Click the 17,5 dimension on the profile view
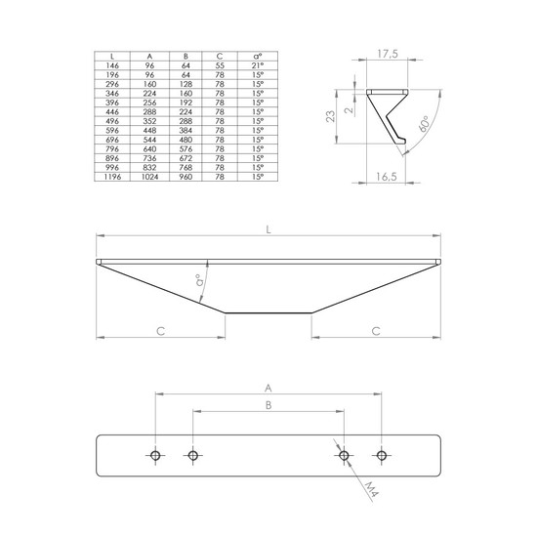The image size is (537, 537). click(388, 54)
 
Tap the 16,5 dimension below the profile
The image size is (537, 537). click(387, 177)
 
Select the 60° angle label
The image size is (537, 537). click(424, 124)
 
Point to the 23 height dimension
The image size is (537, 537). click(331, 116)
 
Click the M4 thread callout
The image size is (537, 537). click(371, 489)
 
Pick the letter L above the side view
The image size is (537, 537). click(268, 229)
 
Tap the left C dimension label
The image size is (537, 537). click(161, 331)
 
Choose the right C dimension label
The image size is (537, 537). click(376, 331)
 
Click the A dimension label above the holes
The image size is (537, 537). click(268, 388)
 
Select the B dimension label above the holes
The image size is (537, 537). click(268, 405)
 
